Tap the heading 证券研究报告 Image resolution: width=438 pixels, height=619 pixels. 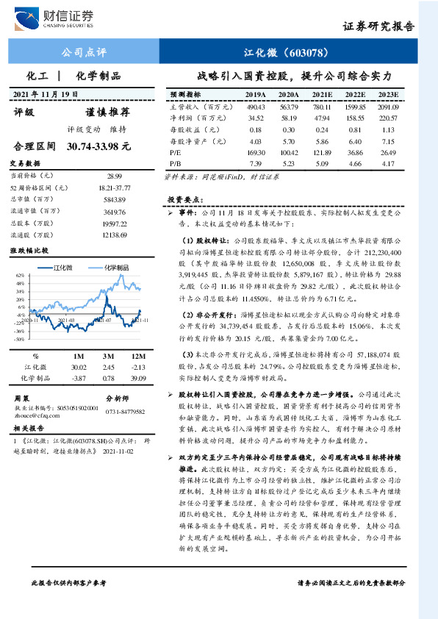(x=379, y=26)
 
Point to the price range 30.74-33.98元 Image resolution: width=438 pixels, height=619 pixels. (x=98, y=147)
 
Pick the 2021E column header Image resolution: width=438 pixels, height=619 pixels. (x=322, y=95)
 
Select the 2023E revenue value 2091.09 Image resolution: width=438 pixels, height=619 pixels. (x=387, y=106)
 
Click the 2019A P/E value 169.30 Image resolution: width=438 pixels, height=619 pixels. (x=256, y=150)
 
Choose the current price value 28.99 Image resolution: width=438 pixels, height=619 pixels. (x=115, y=177)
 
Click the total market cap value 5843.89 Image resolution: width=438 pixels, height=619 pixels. (x=115, y=199)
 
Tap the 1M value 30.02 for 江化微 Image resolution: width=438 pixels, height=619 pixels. (x=78, y=367)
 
